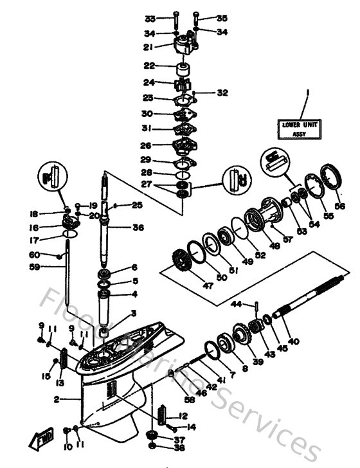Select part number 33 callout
click(x=150, y=18)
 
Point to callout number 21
click(x=148, y=47)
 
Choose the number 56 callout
click(x=339, y=206)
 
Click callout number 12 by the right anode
click(x=183, y=415)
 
